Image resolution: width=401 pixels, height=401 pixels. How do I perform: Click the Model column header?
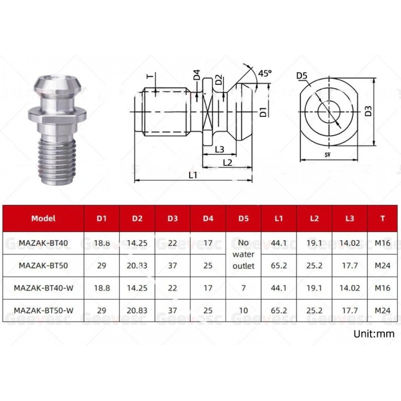43,218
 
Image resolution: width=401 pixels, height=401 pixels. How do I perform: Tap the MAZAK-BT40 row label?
43,243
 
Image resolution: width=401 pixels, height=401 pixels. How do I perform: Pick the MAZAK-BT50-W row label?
43,310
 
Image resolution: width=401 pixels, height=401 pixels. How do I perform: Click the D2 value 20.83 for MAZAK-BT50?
137,265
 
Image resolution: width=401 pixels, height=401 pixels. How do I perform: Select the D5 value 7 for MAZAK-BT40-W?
243,288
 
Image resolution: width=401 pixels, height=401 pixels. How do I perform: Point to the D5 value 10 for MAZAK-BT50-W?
243,310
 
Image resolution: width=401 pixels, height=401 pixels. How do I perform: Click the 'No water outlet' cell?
243,254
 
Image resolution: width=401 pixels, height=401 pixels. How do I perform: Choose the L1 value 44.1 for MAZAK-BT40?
279,243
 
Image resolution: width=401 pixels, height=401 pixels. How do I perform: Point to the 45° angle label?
265,74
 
